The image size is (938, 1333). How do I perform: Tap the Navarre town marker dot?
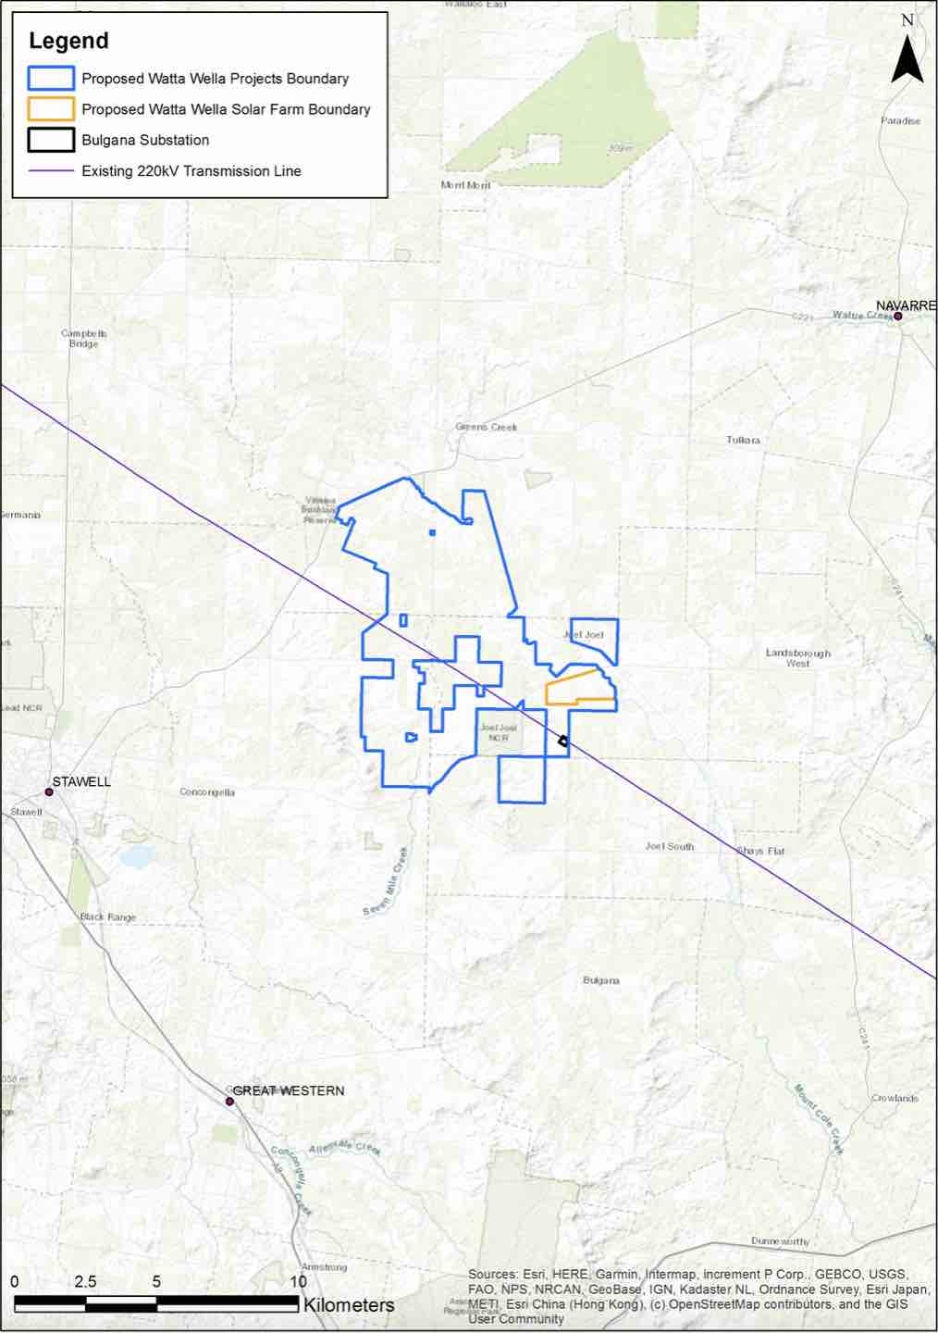click(x=897, y=317)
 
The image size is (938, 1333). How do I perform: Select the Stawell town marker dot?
click(x=49, y=792)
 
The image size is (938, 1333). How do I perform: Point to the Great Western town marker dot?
click(x=229, y=1101)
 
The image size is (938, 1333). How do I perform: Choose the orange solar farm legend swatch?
click(x=51, y=109)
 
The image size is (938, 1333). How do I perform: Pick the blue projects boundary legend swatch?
click(x=51, y=79)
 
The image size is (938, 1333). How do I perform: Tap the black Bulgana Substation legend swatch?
click(x=51, y=140)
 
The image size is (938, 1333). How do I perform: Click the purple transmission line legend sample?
click(x=51, y=171)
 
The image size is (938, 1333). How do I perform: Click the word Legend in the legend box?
click(x=68, y=41)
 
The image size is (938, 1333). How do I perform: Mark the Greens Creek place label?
click(x=487, y=427)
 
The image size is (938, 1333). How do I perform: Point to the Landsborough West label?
click(x=797, y=657)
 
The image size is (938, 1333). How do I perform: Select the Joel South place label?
click(x=669, y=846)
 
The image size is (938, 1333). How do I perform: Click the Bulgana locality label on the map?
click(x=601, y=979)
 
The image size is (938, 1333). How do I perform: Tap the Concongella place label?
click(x=207, y=792)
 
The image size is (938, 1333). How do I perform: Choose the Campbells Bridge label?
click(x=84, y=338)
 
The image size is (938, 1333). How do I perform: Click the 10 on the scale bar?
click(x=298, y=1282)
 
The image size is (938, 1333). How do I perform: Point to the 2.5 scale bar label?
click(x=85, y=1282)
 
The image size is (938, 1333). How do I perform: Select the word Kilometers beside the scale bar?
click(x=349, y=1305)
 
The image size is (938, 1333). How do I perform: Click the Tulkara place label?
click(x=743, y=440)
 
